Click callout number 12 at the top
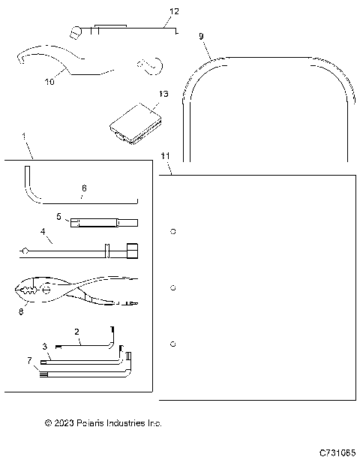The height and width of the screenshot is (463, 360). coord(174,12)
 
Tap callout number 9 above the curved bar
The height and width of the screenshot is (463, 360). coord(200,36)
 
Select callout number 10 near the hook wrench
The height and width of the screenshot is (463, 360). coord(49,82)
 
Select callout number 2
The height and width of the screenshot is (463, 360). coord(76,332)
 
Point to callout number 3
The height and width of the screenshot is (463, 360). coord(45,346)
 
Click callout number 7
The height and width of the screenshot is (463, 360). coord(29,361)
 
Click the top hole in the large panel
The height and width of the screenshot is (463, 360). coord(173,231)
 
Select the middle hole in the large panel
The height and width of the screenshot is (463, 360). coord(173,287)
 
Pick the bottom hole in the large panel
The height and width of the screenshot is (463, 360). coord(173,344)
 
